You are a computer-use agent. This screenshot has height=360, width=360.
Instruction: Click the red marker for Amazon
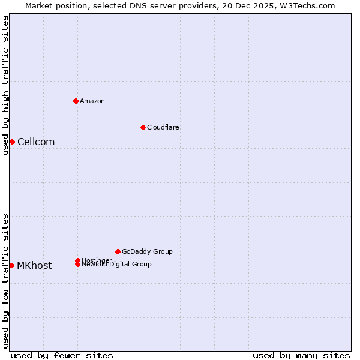(x=76, y=101)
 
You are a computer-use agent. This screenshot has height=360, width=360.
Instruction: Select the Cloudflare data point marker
(x=143, y=127)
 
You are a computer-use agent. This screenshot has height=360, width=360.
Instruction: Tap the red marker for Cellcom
(x=12, y=142)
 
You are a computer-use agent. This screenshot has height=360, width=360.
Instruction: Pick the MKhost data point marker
(x=11, y=265)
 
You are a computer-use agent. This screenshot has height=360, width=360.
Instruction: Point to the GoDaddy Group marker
(x=118, y=251)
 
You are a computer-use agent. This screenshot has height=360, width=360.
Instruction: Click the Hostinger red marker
(x=77, y=260)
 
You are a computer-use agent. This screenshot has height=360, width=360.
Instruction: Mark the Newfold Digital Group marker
(x=77, y=265)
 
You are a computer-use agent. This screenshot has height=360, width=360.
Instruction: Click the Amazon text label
(x=92, y=101)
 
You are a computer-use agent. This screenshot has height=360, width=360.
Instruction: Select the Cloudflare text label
(x=163, y=127)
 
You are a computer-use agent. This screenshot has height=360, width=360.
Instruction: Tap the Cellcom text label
(x=36, y=142)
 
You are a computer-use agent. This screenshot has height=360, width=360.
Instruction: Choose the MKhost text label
(x=34, y=265)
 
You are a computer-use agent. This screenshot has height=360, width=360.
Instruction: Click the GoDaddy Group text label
(x=147, y=251)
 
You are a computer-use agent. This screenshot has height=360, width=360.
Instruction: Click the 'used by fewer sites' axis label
(x=62, y=355)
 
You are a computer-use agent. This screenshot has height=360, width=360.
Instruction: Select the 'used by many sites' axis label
(x=301, y=355)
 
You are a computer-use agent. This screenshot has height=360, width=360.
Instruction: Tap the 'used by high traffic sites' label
(x=5, y=85)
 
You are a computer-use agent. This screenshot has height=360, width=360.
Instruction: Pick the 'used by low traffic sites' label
(x=5, y=280)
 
